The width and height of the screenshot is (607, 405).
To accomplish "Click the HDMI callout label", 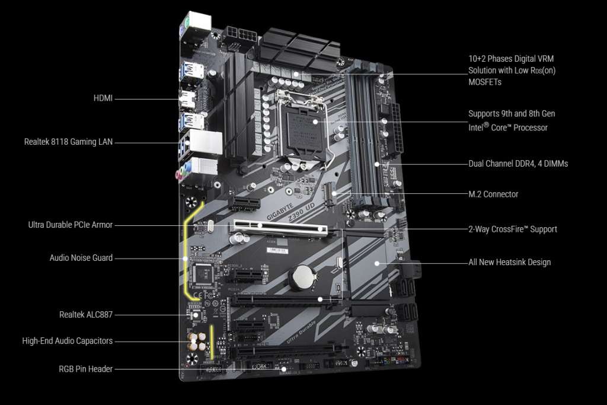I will pos(103,98).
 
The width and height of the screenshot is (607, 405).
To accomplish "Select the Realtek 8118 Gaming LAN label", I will pos(68,142).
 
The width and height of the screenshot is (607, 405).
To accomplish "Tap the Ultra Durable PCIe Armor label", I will pos(70,225).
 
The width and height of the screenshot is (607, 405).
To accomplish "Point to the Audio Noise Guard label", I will pos(81,258).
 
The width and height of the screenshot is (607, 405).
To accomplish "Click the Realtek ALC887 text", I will pos(85,314).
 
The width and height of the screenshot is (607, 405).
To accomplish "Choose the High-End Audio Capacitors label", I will pos(67,341).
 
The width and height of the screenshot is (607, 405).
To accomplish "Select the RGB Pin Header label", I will pos(85,369).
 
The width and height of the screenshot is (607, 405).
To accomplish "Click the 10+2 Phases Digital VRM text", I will pos(510,59).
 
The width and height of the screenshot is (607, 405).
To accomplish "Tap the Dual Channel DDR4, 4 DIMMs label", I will pos(517,163).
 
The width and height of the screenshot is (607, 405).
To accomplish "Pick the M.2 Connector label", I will pos(493,194).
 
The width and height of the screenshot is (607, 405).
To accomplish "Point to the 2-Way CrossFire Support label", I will pos(512,229).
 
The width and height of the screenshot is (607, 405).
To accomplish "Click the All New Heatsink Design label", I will pos(509,262).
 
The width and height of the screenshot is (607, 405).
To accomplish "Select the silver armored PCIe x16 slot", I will pos(282,228).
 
